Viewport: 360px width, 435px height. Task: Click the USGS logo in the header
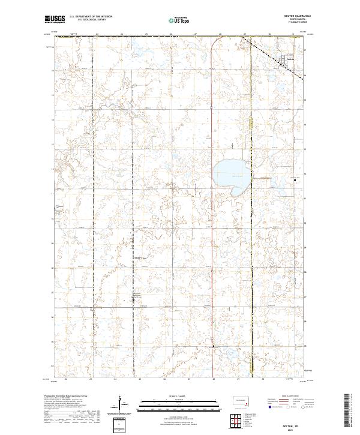54,20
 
